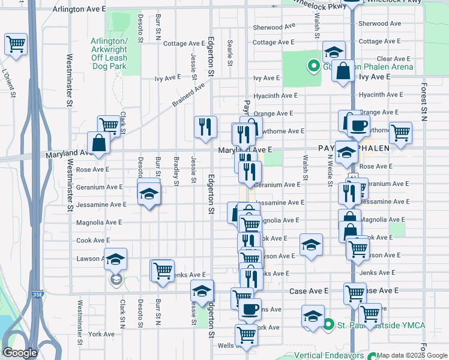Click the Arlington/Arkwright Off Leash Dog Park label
point(109,53)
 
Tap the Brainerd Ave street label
point(188,95)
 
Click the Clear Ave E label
point(393,59)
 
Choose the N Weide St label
point(330,171)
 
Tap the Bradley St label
point(176,171)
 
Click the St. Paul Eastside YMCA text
point(381,326)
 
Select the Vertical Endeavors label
point(331,355)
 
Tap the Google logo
point(20,353)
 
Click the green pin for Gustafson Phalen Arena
point(313,66)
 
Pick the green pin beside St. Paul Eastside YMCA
point(328,326)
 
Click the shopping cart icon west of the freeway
point(16,43)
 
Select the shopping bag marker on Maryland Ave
point(98,143)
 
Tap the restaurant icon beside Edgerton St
point(205,126)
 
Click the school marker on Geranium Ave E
point(149,193)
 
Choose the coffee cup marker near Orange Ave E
point(359,125)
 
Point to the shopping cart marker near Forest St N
point(400,133)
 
